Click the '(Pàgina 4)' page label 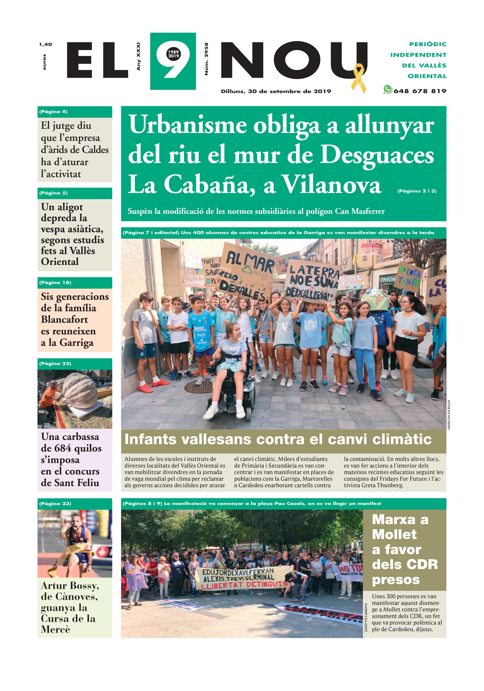[53, 112]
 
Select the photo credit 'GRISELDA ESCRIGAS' [449, 415]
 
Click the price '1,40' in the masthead [46, 45]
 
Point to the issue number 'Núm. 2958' [206, 59]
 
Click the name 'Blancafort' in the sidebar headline [64, 320]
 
